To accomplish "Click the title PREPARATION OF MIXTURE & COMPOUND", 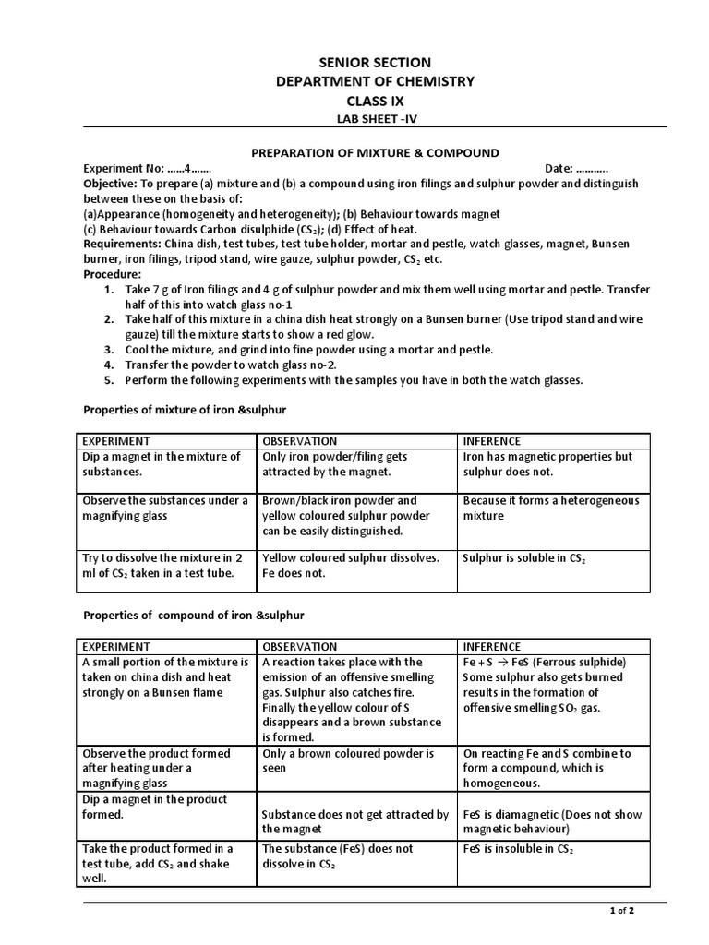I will tap(376, 152).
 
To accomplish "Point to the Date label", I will tap(559, 169).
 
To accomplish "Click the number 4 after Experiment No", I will tap(187, 169).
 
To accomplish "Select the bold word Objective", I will tap(110, 184).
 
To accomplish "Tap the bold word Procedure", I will tap(113, 275).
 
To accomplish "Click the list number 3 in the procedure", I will tap(109, 350).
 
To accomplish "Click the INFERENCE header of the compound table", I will tap(492, 646).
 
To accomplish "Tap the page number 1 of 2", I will tap(622, 911).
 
